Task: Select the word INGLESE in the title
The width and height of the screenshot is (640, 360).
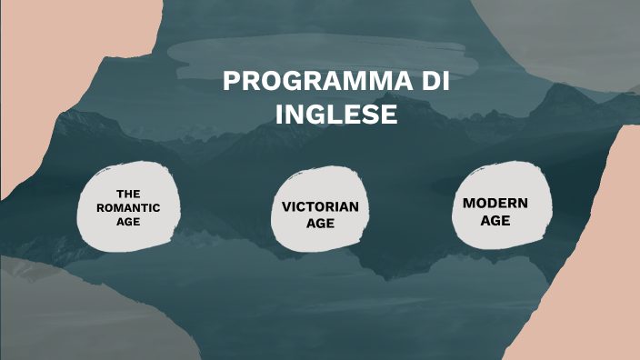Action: (336, 115)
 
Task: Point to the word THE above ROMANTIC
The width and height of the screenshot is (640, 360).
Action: (128, 195)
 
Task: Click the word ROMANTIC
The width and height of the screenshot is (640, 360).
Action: (128, 207)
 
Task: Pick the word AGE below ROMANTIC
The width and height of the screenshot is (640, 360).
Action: (128, 221)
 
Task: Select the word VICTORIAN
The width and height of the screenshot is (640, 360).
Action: (320, 206)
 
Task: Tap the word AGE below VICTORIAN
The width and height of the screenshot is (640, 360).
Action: (320, 223)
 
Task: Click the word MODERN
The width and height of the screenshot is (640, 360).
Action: (495, 203)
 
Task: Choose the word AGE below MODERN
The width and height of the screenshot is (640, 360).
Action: (495, 220)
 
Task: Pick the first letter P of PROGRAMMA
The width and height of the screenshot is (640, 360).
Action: (230, 81)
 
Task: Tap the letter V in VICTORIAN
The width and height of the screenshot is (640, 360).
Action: (286, 206)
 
